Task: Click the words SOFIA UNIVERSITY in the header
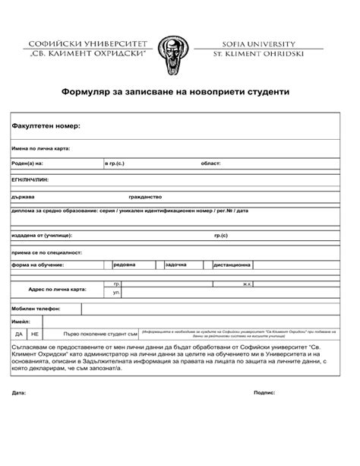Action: (262, 43)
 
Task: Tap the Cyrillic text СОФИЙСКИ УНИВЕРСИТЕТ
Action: (85, 43)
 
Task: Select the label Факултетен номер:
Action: (46, 125)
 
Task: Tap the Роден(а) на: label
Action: (27, 163)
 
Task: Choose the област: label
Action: (210, 163)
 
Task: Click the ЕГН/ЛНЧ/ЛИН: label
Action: (30, 179)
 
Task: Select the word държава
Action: (24, 196)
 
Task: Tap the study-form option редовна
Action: (125, 265)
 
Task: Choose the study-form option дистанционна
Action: (232, 265)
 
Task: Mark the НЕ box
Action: (34, 333)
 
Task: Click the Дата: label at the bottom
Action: (19, 393)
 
